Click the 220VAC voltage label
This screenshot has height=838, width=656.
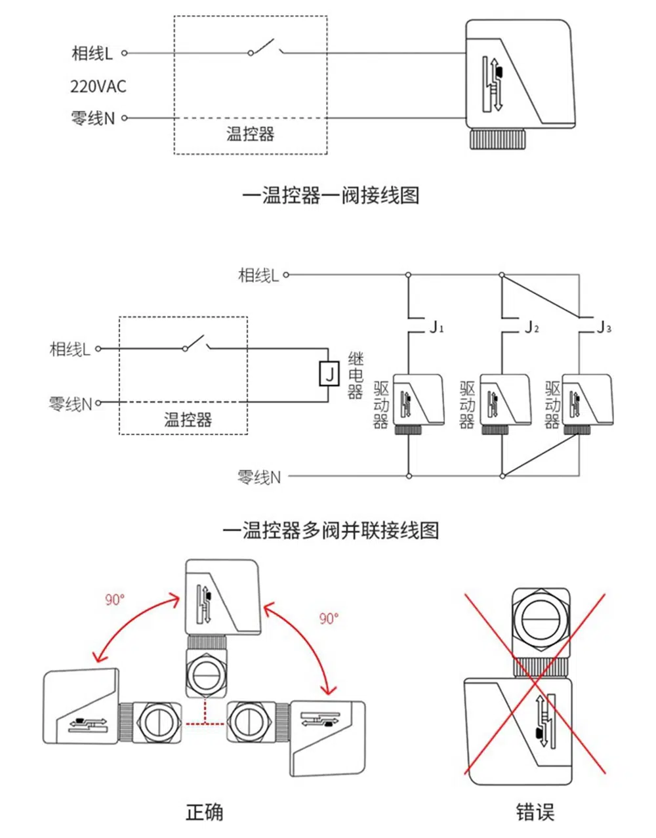click(98, 86)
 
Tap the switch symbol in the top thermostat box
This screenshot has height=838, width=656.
click(264, 48)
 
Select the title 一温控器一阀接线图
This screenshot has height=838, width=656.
click(331, 195)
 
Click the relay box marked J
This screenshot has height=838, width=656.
click(329, 373)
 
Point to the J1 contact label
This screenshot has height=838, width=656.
click(436, 326)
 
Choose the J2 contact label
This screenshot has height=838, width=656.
click(531, 326)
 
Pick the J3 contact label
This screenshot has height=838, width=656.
click(604, 326)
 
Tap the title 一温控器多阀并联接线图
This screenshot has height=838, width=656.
click(331, 530)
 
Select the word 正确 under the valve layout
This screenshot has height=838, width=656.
click(204, 812)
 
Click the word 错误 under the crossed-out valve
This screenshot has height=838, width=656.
click(535, 812)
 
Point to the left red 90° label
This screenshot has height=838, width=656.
click(115, 599)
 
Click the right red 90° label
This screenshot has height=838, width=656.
click(329, 618)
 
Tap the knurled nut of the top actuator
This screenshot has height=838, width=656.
click(499, 138)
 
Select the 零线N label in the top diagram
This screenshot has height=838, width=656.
click(92, 118)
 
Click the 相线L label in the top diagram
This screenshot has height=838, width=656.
click(92, 53)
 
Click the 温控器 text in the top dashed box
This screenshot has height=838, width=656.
click(250, 134)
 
